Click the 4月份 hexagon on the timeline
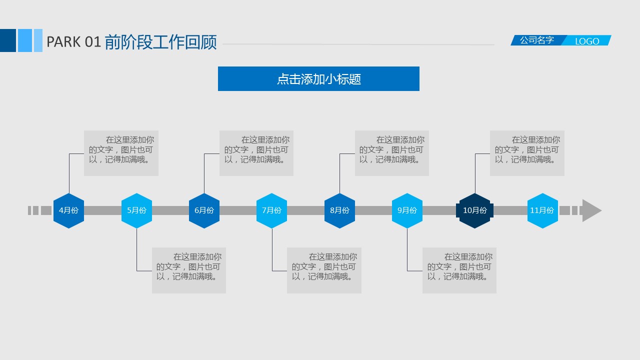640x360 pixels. [68, 210]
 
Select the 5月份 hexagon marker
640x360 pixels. [136, 210]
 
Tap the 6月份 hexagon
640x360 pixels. [204, 210]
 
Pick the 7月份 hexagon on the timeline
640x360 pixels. [271, 210]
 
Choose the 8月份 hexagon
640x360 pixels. [339, 210]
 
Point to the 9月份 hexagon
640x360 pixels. [407, 210]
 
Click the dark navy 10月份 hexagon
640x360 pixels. [474, 210]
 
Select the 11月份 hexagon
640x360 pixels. [542, 210]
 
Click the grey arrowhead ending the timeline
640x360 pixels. [591, 210]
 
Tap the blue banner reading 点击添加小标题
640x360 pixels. [318, 79]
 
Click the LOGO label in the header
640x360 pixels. [587, 41]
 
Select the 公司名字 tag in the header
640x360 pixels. [537, 40]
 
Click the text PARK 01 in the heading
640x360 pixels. [74, 42]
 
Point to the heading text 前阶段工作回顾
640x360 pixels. [161, 42]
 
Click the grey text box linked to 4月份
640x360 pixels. [121, 153]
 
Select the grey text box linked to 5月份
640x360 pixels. [189, 270]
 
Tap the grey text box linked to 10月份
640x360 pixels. [527, 153]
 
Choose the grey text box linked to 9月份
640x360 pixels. [459, 270]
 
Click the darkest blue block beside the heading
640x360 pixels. [8, 40]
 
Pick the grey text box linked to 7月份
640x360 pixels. [324, 270]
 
